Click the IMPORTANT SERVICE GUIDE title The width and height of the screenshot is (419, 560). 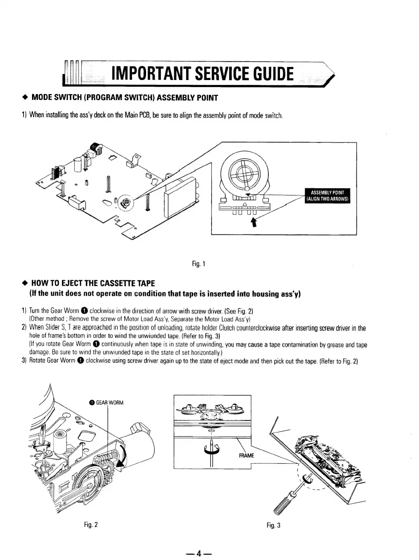202,74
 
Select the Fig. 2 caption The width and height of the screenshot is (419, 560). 91,524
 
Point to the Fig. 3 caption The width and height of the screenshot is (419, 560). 273,525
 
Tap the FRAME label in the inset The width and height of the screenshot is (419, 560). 246,455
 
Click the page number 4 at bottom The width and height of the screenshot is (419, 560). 199,554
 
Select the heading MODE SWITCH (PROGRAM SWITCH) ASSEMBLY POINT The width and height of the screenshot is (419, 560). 125,98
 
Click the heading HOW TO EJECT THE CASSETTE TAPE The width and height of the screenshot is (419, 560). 93,283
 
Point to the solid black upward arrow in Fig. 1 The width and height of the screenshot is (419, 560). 253,222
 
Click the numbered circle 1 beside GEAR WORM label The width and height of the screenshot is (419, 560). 91,403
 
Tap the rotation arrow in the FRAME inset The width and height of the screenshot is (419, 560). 211,449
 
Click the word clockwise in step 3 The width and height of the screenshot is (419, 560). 98,361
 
